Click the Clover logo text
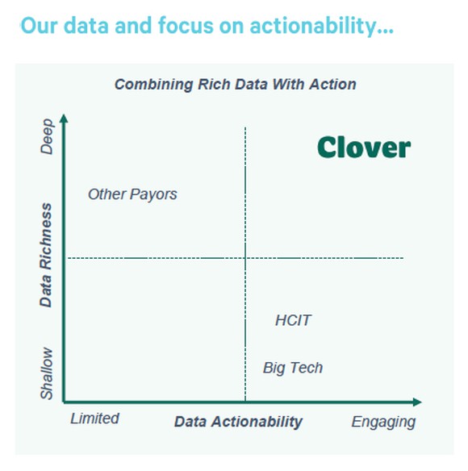363,147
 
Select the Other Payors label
132,194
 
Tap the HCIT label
293,321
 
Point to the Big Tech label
292,368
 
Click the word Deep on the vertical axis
47,137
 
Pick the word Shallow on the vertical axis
47,373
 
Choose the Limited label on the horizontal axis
94,419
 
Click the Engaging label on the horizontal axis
383,422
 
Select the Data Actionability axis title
238,422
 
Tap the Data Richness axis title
47,255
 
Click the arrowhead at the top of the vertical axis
65,119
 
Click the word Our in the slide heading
36,26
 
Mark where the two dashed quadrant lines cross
245,258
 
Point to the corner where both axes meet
65,401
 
